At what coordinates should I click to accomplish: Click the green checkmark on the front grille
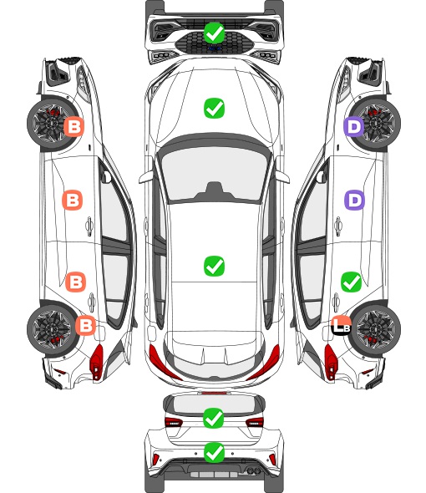pos(214,33)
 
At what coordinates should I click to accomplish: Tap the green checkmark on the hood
pos(214,108)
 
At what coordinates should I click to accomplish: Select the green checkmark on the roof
pos(214,266)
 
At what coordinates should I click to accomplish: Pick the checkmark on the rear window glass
pos(214,418)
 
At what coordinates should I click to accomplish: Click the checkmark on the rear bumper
pos(214,453)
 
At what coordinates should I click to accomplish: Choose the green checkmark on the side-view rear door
pos(351,282)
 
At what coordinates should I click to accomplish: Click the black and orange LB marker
pos(341,325)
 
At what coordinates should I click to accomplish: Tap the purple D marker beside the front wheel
pos(353,127)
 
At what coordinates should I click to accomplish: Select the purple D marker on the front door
pos(355,200)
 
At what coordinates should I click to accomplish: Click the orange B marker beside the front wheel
pos(74,127)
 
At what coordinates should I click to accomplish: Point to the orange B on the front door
pos(73,200)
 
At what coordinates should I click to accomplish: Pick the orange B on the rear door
pos(75,282)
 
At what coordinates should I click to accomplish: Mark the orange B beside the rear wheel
pos(85,325)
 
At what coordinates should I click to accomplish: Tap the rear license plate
pos(214,474)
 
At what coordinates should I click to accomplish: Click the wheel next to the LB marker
pos(377,328)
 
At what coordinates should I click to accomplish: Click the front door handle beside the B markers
pos(89,226)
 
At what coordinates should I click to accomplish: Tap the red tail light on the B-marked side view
pos(97,362)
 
